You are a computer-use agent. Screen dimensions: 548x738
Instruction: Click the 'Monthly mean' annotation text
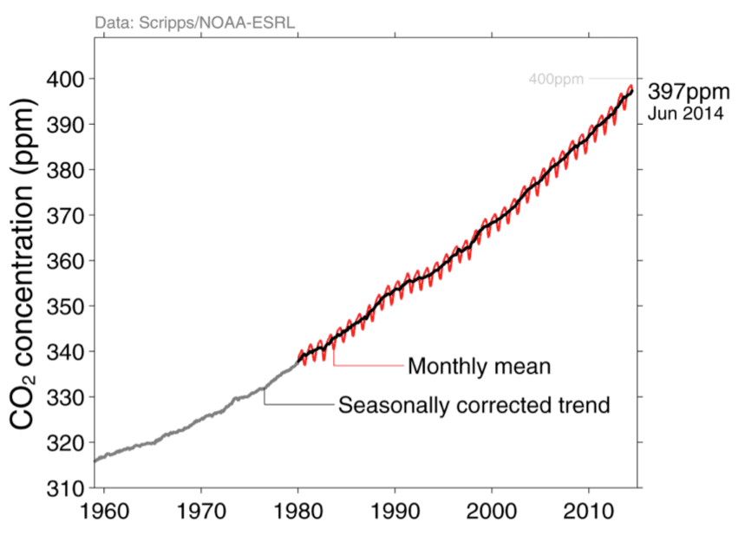479,366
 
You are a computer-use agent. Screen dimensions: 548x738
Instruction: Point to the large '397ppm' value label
684,93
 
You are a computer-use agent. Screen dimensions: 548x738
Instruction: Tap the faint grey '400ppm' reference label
556,80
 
